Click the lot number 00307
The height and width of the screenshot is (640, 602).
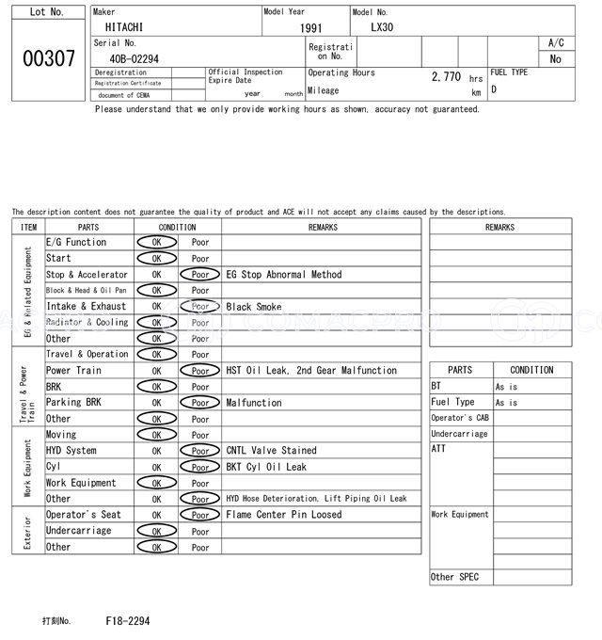[48, 58]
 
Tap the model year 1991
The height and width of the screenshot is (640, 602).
[310, 28]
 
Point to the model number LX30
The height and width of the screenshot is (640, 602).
[382, 27]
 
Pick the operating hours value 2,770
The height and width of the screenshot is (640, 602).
[446, 76]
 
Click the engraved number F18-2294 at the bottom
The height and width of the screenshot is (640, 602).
[127, 621]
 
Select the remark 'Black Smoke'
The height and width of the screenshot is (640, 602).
[253, 307]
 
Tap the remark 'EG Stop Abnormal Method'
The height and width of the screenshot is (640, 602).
[284, 275]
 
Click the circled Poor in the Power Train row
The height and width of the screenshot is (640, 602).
[200, 371]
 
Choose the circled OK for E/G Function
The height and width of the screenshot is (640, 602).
[156, 243]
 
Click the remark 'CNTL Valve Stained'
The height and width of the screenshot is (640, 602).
[271, 451]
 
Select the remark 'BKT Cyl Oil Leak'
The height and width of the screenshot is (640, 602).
[266, 467]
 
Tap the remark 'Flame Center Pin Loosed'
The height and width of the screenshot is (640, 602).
[284, 515]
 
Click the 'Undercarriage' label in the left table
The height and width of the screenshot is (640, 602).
[78, 531]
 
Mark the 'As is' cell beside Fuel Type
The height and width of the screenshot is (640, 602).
[507, 403]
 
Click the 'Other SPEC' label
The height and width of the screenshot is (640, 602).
[454, 577]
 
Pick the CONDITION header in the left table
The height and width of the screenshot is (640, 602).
[177, 227]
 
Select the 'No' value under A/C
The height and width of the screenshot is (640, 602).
[555, 58]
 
